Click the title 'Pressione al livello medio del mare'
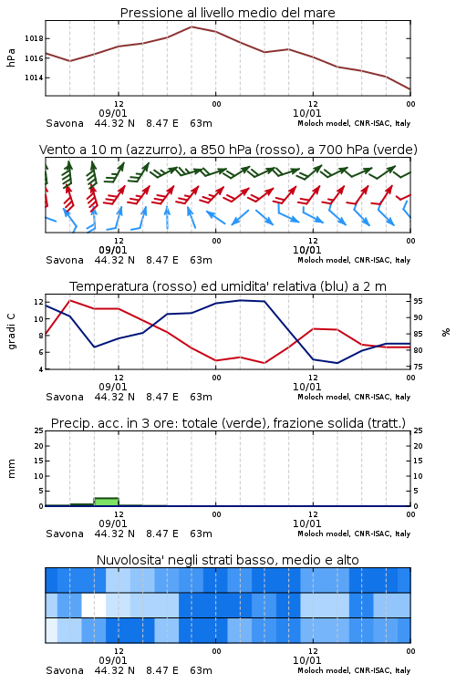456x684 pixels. pos(227,13)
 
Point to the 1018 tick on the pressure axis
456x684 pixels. pos(34,38)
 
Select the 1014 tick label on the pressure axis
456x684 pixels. pos(34,78)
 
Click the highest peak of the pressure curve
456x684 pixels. pos(192,26)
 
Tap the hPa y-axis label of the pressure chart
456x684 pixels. pos(11,58)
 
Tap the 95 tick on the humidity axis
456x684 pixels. pos(418,301)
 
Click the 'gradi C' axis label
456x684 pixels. pos(12,331)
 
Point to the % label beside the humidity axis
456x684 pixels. pos(446,332)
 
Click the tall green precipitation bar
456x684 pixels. pos(107,502)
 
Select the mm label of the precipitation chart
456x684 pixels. pos(12,468)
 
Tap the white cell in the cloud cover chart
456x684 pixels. pos(94,605)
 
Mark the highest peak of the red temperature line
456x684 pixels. pos(70,300)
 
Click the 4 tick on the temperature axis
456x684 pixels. pos(40,369)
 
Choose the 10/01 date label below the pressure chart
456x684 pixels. pos(306,113)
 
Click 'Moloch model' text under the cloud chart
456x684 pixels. pos(324,670)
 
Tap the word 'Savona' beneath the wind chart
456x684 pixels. pos(65,260)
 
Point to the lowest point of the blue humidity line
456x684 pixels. pos(337,363)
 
